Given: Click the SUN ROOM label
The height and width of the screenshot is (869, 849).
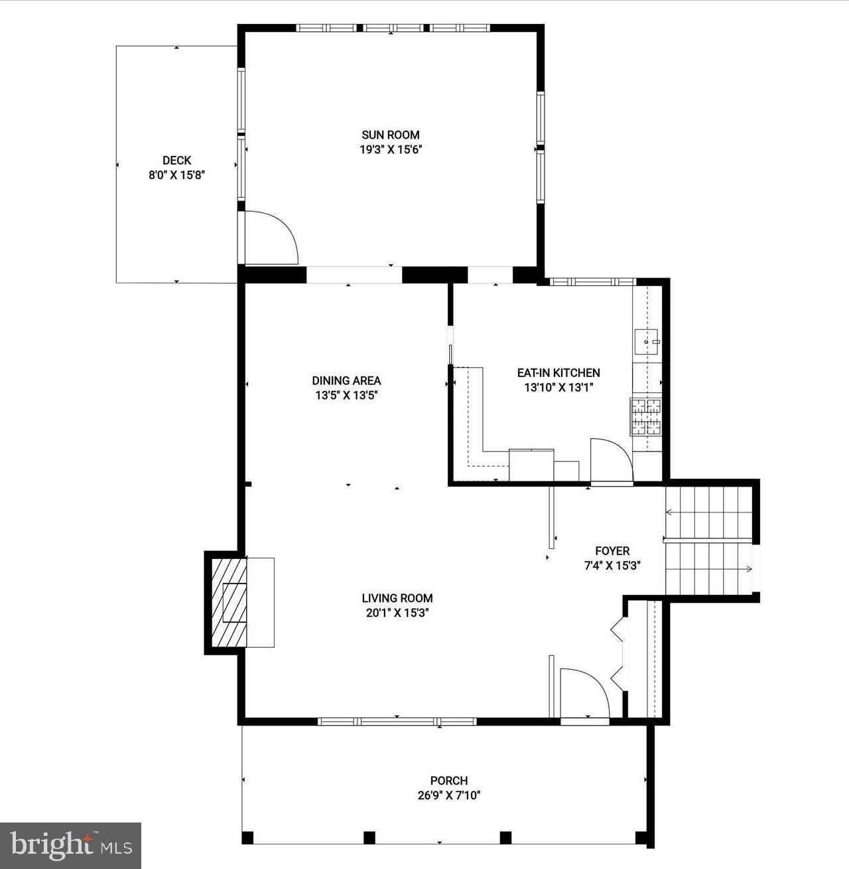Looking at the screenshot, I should tap(390, 135).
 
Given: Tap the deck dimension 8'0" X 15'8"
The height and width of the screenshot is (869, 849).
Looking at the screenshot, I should tap(176, 176).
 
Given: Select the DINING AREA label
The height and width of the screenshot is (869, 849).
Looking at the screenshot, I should tap(346, 380).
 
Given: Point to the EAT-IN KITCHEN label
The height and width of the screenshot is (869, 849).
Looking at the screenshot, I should tap(558, 373).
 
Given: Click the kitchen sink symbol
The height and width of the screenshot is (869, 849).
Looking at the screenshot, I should tap(647, 342).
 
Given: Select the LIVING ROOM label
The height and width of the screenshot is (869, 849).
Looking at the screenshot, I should tap(397, 597).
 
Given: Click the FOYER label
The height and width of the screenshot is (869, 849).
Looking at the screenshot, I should tap(612, 551).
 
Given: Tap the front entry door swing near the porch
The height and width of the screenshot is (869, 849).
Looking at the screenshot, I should tap(584, 694).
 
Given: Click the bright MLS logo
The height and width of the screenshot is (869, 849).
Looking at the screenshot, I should tap(70, 845).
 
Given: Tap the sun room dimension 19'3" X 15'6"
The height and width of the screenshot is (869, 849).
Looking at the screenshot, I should tap(391, 150).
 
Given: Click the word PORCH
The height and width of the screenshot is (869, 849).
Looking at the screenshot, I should tap(449, 781).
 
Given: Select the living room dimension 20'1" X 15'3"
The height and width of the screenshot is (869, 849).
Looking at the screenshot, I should tap(397, 613).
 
